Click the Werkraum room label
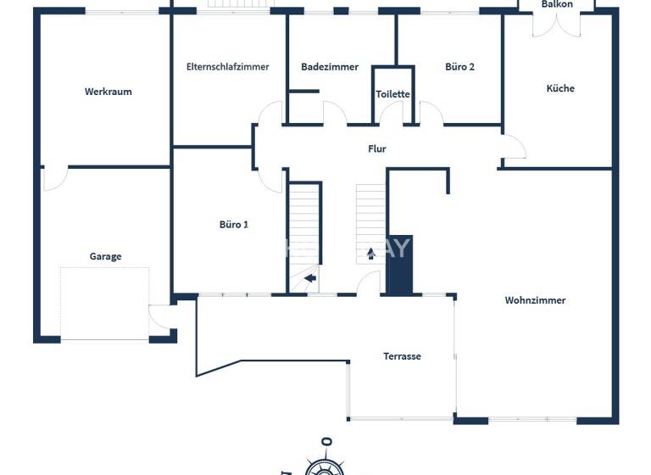point(108,92)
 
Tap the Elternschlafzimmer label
point(228,67)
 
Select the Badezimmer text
point(330,67)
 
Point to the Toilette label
point(393,94)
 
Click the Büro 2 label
point(460,67)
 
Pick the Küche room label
point(560,88)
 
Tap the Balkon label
point(557,4)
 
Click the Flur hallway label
point(376,148)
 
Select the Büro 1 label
point(234,225)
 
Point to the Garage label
point(106,256)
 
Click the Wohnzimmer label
point(535,300)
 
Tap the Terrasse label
point(402,356)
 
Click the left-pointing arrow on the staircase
point(310,277)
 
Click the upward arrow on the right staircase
point(370,253)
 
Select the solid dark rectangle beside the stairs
point(399,265)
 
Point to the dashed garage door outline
point(104,304)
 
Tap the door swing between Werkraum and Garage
point(54,178)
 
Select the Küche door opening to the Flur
point(514,148)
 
